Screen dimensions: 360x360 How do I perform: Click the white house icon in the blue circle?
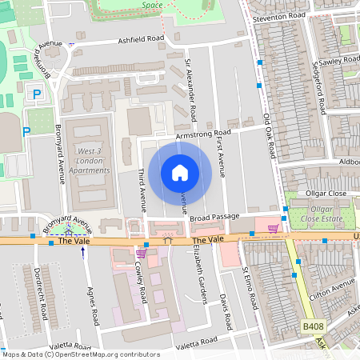tap(180, 172)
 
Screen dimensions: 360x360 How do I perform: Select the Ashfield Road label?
tap(141, 38)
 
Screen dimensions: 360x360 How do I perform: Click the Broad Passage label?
tap(214, 217)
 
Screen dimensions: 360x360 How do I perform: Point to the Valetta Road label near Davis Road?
tap(196, 341)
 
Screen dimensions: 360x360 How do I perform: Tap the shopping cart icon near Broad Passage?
tap(273, 229)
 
